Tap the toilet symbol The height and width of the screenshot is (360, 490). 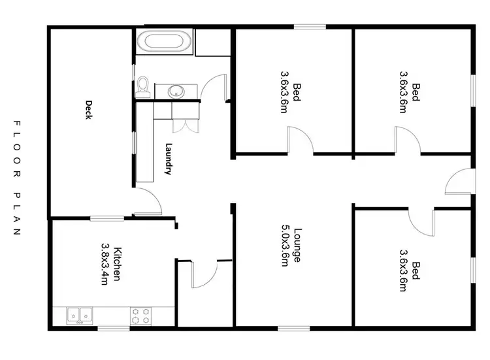[x=143, y=86]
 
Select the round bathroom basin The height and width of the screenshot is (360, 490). [x=176, y=91]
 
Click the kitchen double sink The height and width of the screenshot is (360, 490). [x=80, y=315]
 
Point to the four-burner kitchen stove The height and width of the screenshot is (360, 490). [x=140, y=316]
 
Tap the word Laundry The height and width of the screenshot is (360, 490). [x=169, y=159]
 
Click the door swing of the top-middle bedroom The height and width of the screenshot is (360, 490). [x=301, y=140]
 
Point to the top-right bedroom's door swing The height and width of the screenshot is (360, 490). [x=406, y=140]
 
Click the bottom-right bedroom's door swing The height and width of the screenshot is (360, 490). [x=421, y=222]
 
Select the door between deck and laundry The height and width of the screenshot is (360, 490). [x=147, y=201]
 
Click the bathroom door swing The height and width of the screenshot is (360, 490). [x=213, y=88]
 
